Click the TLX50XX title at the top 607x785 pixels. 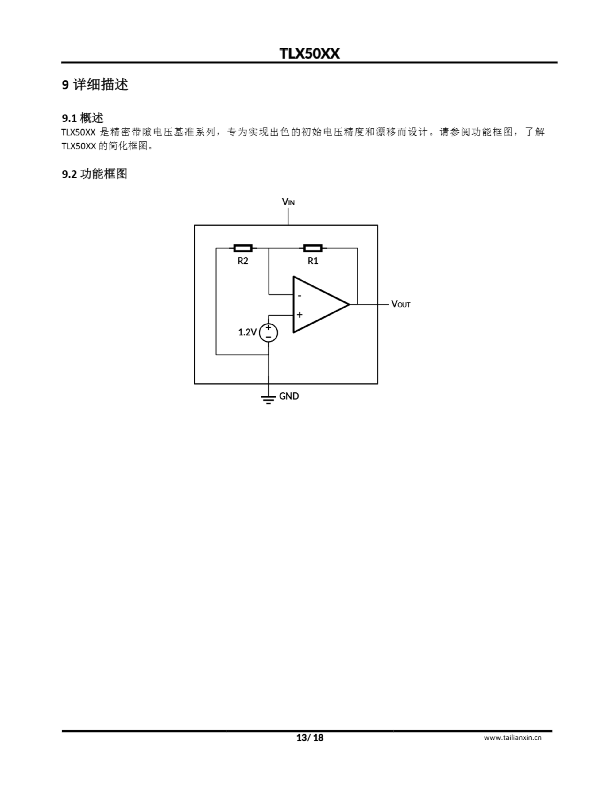coord(309,54)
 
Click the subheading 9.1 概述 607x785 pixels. coord(83,117)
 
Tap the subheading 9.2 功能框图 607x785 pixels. coord(94,174)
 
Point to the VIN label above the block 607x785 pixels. coord(288,202)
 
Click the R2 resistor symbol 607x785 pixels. coord(243,248)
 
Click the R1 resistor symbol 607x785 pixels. coord(313,248)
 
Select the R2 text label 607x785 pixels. coord(243,261)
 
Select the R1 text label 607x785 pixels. coord(313,261)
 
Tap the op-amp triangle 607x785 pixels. coord(317,304)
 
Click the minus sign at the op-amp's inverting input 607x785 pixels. coord(300,296)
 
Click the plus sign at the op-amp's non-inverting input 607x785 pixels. coord(300,315)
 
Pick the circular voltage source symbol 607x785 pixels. coord(269,332)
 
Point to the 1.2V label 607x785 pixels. coord(247,332)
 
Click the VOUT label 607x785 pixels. coord(400,304)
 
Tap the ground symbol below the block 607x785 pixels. coord(269,399)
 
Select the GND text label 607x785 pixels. coord(289,396)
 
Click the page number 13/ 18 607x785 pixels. coord(309,738)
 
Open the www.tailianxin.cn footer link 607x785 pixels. coord(512,737)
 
